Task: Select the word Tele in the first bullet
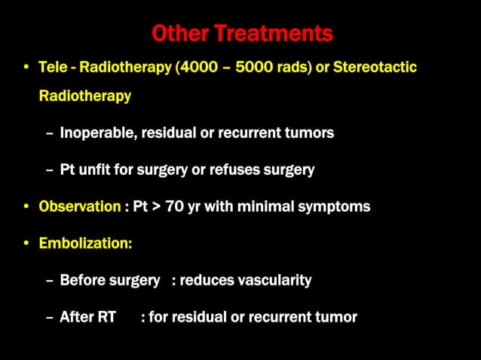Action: (x=53, y=68)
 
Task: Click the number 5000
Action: (x=254, y=68)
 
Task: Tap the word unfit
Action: (x=99, y=169)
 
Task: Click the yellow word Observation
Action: (x=79, y=206)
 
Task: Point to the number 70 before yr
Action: (x=174, y=206)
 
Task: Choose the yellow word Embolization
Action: (x=84, y=243)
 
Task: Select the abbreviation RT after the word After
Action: (x=107, y=317)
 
